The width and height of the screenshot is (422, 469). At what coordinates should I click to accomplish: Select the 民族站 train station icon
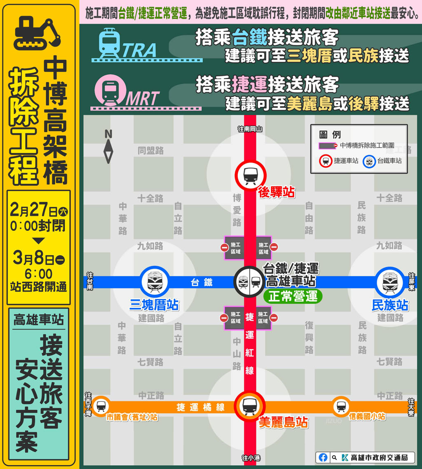(x=389, y=282)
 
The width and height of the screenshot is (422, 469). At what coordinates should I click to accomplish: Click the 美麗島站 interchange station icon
(x=250, y=406)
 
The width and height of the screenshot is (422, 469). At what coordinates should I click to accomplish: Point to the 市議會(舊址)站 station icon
(x=101, y=406)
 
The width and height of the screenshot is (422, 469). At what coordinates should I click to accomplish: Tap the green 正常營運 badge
(x=293, y=296)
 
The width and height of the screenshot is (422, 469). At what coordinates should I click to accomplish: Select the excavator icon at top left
(x=37, y=32)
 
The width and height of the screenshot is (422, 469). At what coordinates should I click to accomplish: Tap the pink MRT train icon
(x=109, y=90)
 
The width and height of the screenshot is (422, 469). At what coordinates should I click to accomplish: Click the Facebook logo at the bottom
(x=324, y=457)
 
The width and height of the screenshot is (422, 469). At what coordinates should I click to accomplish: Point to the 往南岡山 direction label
(x=250, y=129)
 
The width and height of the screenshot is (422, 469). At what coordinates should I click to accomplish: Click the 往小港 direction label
(x=250, y=458)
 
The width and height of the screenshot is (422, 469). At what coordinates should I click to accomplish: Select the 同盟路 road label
(x=150, y=151)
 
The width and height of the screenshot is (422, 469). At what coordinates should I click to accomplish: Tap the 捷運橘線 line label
(x=201, y=407)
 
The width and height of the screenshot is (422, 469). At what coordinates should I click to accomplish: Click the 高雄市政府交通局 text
(x=380, y=457)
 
